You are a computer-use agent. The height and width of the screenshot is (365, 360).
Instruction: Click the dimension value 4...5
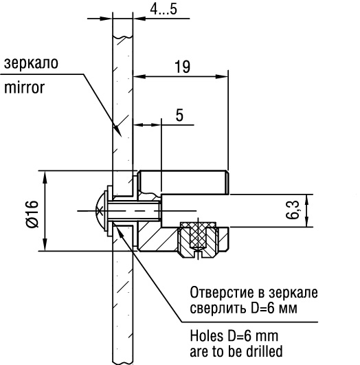(x=163, y=10)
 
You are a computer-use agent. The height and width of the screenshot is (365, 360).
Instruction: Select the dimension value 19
(x=183, y=67)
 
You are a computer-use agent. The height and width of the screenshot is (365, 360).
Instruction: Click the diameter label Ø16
(x=30, y=214)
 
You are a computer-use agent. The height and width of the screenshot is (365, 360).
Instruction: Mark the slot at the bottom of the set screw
(x=198, y=256)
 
